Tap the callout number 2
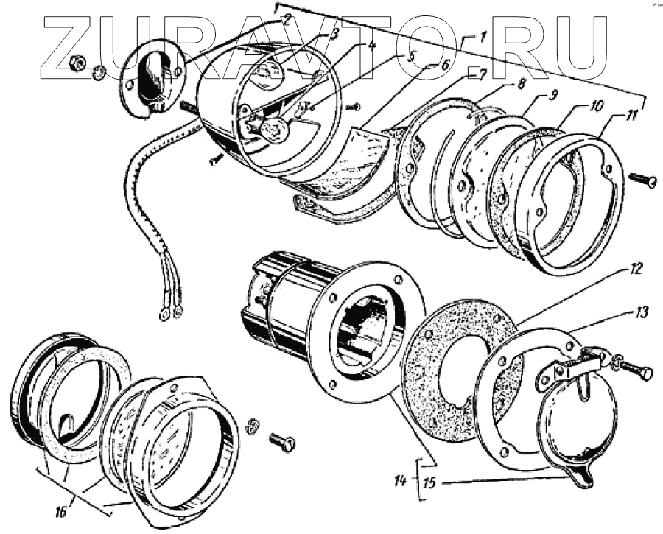point(287,17)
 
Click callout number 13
point(642,312)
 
